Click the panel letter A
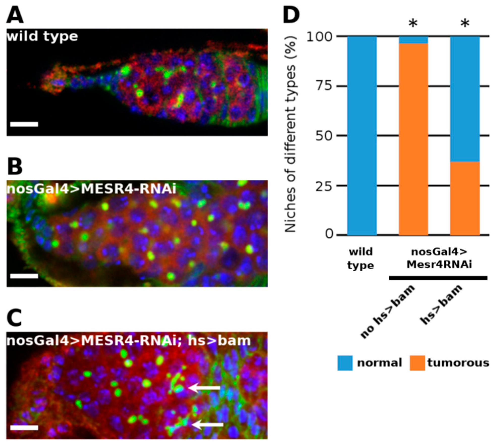tap(15, 15)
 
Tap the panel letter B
tap(15, 167)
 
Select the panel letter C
tap(14, 318)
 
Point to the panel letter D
tap(291, 15)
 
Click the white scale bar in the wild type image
tap(24, 124)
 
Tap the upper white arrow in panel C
tap(205, 388)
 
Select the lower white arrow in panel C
tap(208, 425)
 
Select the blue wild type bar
tap(362, 136)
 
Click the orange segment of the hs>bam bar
tap(465, 198)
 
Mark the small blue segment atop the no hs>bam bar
tap(413, 40)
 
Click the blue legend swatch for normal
tap(345, 363)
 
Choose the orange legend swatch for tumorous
tap(417, 363)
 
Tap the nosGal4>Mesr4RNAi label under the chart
tap(439, 258)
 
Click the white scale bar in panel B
tap(24, 276)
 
